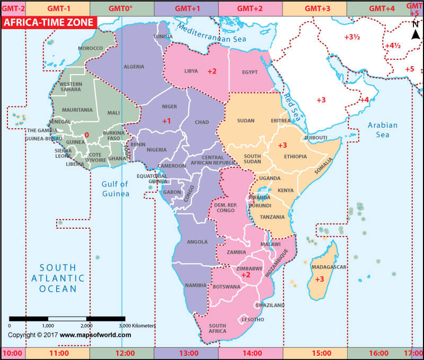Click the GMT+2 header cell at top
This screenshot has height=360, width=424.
(250, 8)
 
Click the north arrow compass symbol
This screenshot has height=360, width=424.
(416, 32)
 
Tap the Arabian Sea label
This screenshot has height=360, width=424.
(383, 130)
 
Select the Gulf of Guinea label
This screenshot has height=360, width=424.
(116, 189)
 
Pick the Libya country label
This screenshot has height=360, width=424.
(191, 71)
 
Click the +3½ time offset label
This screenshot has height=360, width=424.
(352, 37)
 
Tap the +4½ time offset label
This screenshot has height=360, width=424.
(393, 46)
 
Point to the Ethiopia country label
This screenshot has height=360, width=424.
(295, 157)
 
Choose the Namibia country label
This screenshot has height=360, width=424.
(196, 285)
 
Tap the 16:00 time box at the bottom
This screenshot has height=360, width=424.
(378, 353)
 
